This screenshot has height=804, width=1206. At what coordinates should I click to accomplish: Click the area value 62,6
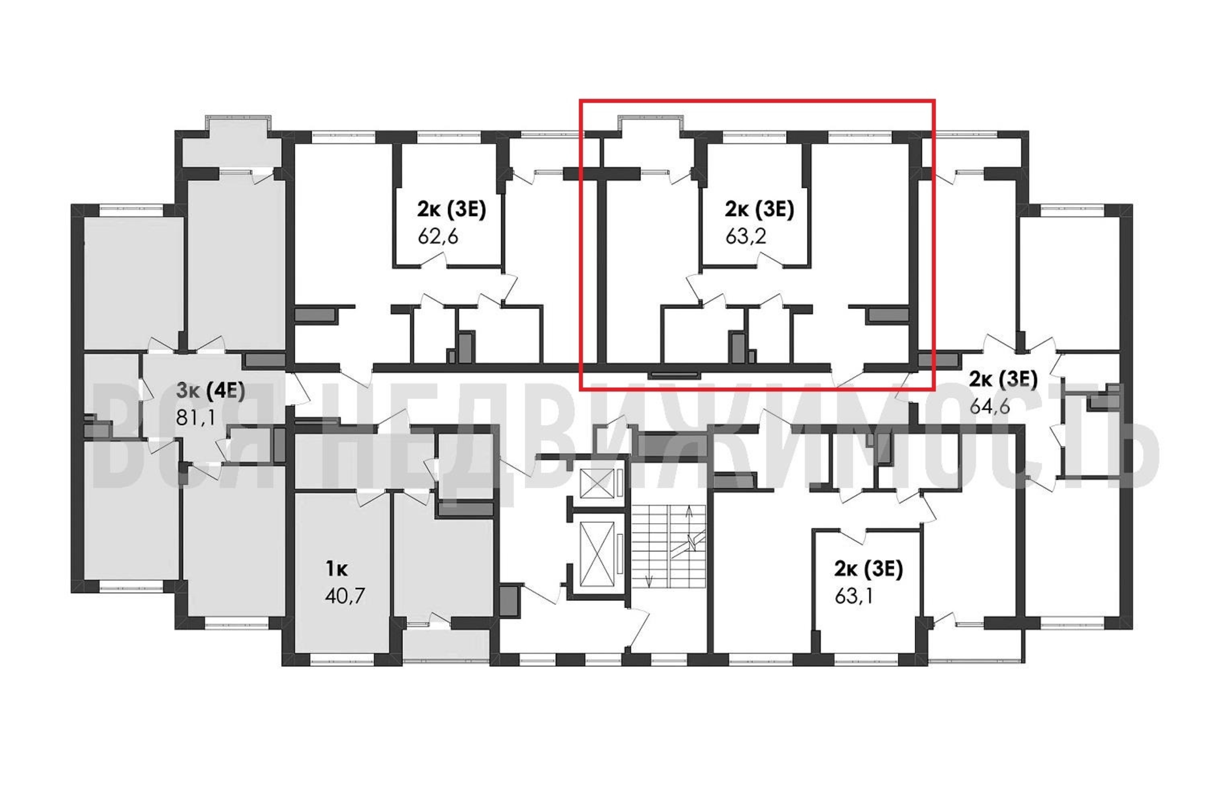click(438, 237)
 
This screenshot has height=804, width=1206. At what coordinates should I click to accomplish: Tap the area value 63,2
click(746, 237)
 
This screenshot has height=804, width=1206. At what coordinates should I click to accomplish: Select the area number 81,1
click(195, 418)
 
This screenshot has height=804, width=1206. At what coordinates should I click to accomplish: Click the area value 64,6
click(990, 407)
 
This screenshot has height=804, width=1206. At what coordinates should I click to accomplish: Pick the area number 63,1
click(854, 596)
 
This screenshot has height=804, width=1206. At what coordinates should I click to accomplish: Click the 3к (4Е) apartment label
click(211, 391)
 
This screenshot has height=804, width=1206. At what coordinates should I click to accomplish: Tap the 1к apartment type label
click(337, 569)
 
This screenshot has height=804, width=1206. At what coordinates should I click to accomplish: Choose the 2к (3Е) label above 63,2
click(759, 210)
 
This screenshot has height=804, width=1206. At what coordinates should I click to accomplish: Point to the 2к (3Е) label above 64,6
click(1003, 380)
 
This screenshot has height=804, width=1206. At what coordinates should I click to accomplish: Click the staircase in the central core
click(669, 547)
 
